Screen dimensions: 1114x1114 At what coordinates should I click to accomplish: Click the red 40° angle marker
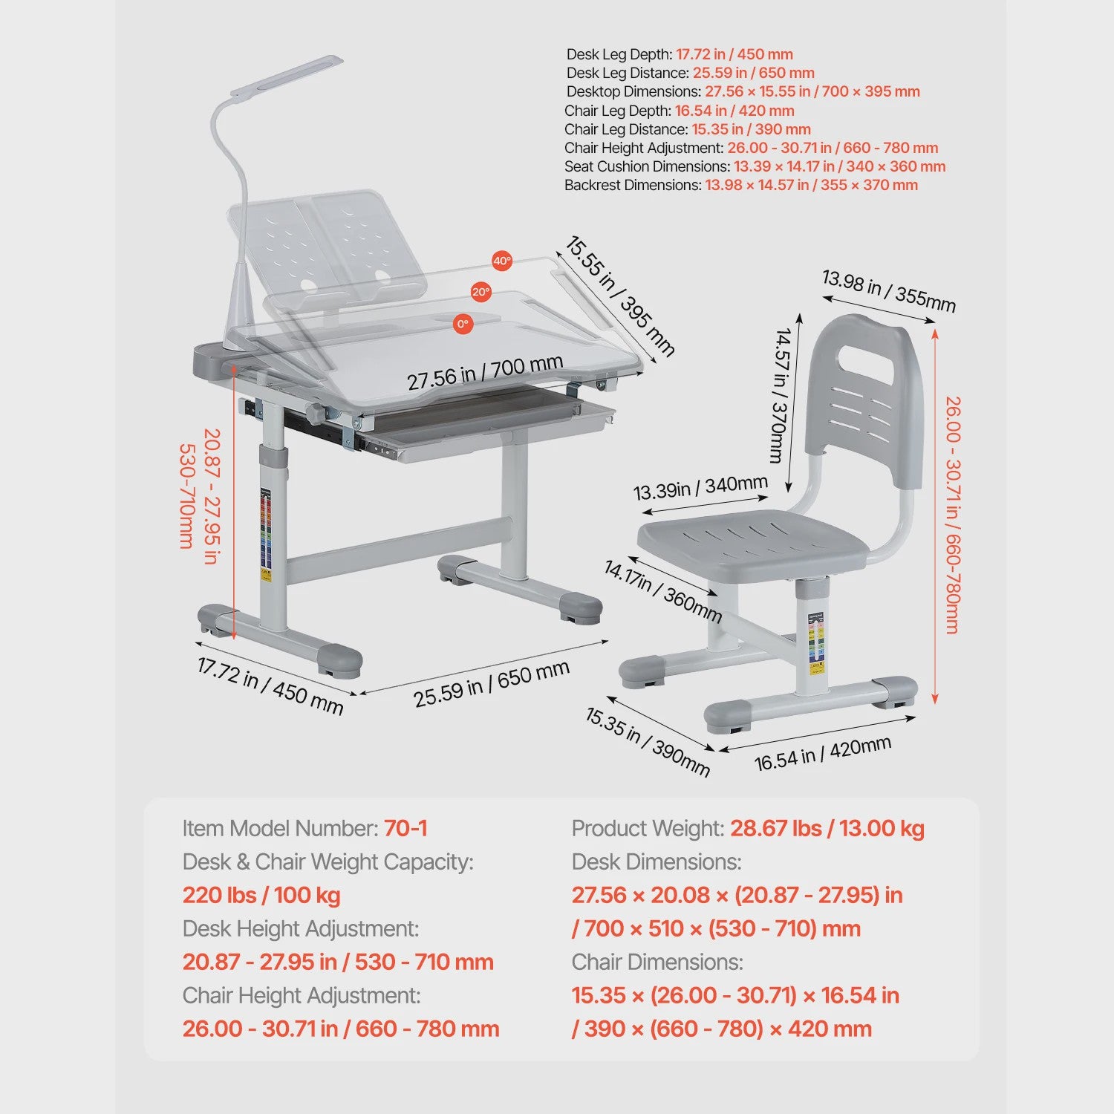(x=503, y=261)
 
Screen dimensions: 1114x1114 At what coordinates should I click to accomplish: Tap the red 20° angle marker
(x=481, y=292)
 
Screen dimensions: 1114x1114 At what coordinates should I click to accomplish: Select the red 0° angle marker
(x=463, y=324)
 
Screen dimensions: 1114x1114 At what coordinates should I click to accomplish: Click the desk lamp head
(x=287, y=76)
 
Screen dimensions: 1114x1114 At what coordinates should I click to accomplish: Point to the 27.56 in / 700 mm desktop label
(x=484, y=372)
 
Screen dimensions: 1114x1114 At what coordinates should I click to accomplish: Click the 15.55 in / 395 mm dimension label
(x=620, y=296)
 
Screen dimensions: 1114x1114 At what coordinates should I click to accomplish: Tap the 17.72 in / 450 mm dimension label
(x=270, y=685)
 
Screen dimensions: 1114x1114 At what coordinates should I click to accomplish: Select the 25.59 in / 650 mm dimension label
(x=492, y=683)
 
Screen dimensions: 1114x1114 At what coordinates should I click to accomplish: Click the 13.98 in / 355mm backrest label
(x=888, y=290)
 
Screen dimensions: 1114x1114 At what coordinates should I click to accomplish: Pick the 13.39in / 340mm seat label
(x=700, y=488)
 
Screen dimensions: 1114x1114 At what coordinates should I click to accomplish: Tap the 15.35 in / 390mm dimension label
(x=648, y=741)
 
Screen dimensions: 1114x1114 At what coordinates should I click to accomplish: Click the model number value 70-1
(x=405, y=828)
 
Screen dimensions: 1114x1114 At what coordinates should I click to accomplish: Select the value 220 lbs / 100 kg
(x=261, y=895)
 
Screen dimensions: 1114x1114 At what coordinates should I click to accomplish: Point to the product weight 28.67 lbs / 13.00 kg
(x=827, y=828)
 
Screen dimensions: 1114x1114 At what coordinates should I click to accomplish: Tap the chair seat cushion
(x=752, y=545)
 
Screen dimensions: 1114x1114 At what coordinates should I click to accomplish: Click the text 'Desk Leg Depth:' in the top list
(x=619, y=54)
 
